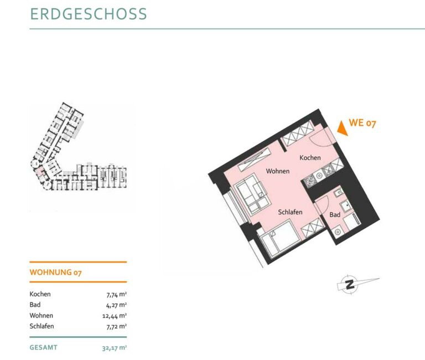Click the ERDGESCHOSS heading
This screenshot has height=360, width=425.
[89, 14]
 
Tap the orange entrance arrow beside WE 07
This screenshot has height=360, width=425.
[343, 128]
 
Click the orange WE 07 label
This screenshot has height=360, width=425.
[362, 123]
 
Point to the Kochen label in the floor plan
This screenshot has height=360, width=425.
[310, 158]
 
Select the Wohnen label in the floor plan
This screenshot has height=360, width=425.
[278, 171]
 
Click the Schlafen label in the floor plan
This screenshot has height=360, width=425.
[290, 212]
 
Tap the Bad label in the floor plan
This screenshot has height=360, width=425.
[335, 215]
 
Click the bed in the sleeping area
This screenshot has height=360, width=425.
[279, 239]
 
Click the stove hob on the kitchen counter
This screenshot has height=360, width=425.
[309, 181]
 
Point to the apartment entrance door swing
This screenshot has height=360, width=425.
[320, 138]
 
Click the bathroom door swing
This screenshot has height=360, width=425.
[322, 205]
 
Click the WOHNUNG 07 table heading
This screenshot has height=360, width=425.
[55, 272]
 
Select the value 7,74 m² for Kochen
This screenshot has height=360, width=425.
[117, 294]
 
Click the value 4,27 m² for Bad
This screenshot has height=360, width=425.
[117, 305]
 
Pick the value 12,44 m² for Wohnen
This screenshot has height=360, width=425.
[115, 316]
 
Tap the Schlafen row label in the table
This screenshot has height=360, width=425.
[42, 326]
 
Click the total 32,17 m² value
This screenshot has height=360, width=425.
[115, 348]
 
